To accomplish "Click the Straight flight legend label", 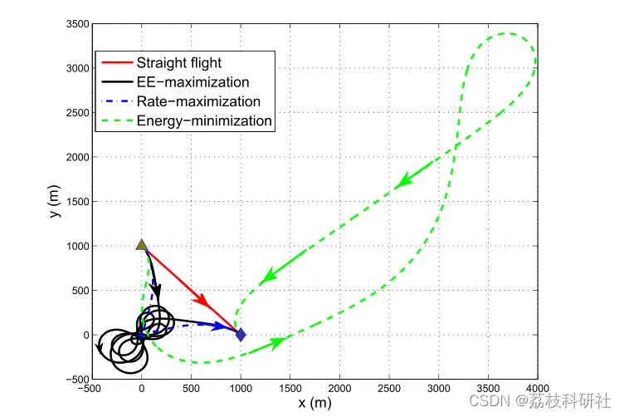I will point(178,62).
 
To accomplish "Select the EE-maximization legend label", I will point(193,82).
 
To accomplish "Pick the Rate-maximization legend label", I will point(198,101).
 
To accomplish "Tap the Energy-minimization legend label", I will point(204,121).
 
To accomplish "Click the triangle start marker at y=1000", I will point(142,246).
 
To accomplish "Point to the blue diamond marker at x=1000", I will point(241,335).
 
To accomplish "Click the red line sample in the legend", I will point(115,62).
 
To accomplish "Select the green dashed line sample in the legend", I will point(115,121).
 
